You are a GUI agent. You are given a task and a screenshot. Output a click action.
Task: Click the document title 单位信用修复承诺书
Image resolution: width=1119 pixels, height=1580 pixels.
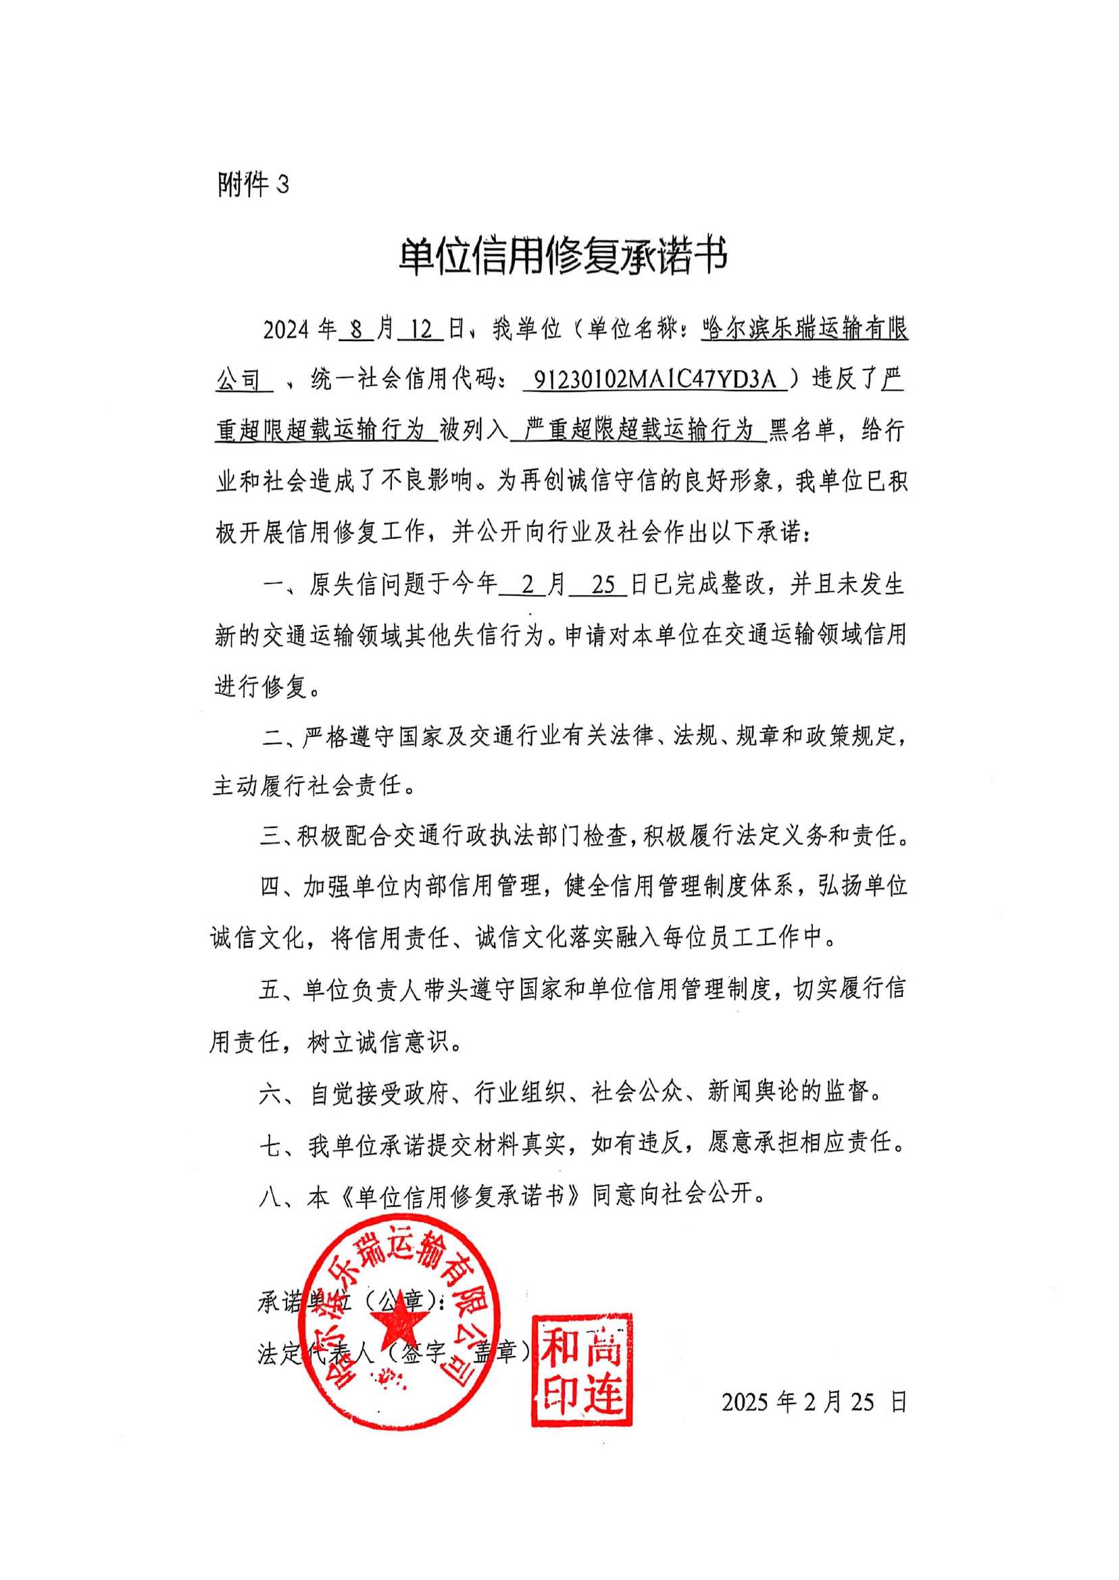pos(563,257)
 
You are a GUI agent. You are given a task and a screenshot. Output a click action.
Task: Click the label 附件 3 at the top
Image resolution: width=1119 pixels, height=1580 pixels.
pos(253,184)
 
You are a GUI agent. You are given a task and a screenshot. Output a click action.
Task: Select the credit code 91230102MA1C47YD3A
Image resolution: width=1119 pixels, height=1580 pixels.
pos(655,380)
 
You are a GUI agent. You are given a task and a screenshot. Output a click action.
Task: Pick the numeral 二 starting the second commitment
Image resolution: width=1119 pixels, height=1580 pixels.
pos(273,736)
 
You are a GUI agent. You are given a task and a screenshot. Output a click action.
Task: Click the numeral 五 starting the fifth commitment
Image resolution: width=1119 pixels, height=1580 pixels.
pos(270,990)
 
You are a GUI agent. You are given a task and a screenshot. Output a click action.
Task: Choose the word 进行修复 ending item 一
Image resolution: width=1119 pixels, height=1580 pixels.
pos(261,687)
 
